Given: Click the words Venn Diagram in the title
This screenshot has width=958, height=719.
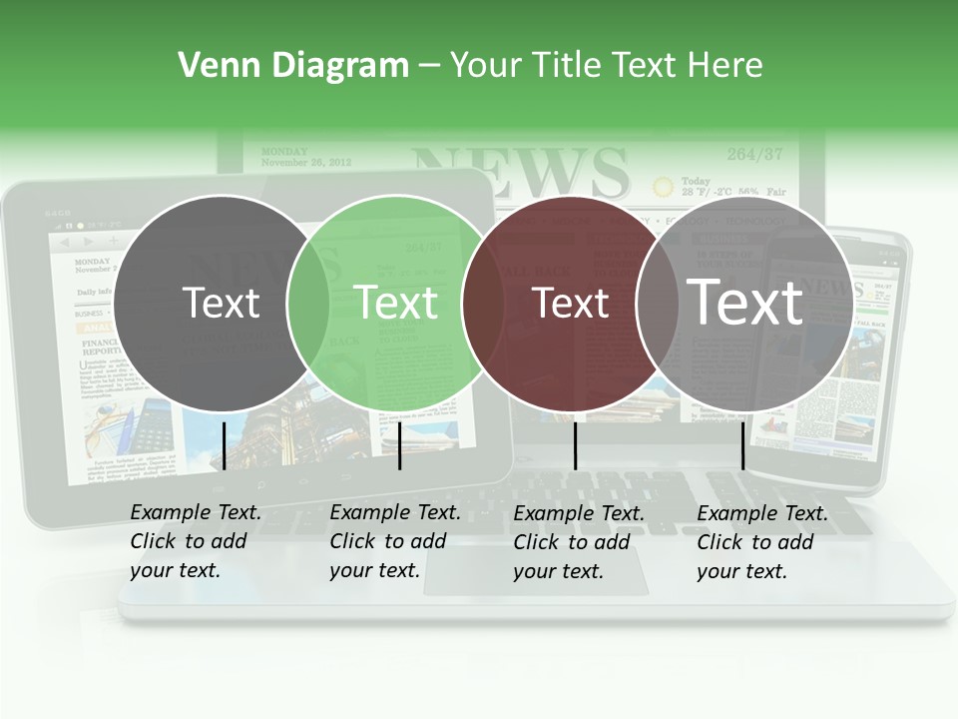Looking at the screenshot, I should click(x=293, y=66).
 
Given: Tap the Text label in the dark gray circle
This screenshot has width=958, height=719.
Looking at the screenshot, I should click(x=222, y=304).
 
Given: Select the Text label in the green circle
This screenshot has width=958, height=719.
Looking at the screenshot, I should click(x=396, y=304).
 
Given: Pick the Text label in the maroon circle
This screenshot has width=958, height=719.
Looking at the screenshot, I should click(x=571, y=304).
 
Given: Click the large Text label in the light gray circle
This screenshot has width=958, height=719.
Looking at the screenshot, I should click(x=745, y=303).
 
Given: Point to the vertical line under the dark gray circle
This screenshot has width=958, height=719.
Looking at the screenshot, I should click(x=224, y=445).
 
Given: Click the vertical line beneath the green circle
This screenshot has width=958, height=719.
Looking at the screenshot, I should click(x=399, y=445).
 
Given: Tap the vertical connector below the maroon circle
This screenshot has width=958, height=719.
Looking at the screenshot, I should click(x=575, y=445).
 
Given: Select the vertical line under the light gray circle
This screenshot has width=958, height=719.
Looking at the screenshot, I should click(x=742, y=445).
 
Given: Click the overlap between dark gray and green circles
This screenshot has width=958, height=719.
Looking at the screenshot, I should click(x=308, y=304).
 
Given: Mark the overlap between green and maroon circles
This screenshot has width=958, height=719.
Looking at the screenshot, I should click(x=483, y=304).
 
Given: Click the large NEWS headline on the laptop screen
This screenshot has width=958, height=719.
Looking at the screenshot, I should click(x=520, y=173).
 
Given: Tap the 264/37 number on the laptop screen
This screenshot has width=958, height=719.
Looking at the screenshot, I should click(x=754, y=154).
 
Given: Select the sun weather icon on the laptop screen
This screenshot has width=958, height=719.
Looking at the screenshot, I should click(x=663, y=186).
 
